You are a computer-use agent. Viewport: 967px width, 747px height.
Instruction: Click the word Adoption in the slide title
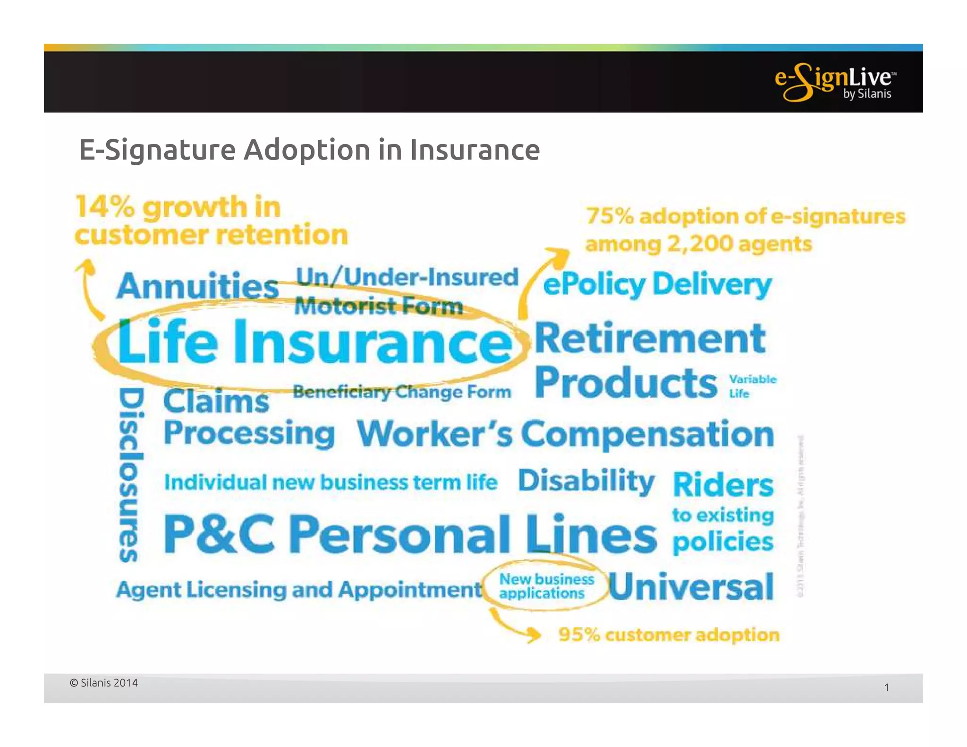306,150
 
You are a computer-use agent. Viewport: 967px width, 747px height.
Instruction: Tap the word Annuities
197,286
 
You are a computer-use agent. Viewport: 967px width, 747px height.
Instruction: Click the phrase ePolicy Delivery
657,285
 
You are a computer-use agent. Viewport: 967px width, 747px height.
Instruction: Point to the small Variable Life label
752,386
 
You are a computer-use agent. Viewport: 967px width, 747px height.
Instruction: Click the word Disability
586,481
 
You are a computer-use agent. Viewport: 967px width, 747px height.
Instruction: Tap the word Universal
691,586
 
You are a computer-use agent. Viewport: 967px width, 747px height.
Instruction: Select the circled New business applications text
546,586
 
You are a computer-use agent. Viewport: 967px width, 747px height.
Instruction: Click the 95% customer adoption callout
668,635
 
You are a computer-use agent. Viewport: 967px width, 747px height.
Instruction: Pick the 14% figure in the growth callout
105,207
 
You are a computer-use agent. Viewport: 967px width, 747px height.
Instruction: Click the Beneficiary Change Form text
402,391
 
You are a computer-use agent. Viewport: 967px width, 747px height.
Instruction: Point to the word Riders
723,484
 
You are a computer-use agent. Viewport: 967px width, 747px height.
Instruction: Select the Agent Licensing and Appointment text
299,589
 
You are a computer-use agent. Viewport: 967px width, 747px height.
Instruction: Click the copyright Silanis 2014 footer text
104,683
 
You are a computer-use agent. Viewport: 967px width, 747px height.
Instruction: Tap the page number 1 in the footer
886,688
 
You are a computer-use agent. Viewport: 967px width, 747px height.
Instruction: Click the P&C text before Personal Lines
219,534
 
